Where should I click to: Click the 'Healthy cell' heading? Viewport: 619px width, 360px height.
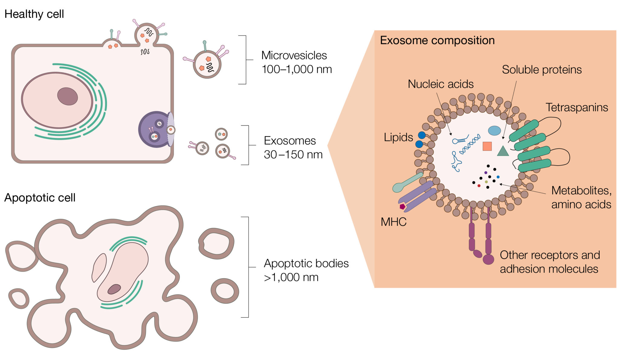34,14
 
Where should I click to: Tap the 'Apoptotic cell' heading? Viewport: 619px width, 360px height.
40,198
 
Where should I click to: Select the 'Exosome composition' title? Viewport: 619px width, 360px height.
437,40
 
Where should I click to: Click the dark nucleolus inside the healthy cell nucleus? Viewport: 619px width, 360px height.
67,96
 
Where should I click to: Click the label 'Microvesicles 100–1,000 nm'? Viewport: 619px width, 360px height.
296,62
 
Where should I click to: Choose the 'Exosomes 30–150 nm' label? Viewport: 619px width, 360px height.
293,148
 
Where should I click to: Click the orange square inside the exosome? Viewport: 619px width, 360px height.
487,146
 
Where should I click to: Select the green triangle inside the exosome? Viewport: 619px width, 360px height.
503,151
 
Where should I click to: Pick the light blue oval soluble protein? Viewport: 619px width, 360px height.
494,130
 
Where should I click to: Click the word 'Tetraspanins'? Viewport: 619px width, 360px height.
576,108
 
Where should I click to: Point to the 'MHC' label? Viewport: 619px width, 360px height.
393,222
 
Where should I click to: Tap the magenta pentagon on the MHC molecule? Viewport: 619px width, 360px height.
402,207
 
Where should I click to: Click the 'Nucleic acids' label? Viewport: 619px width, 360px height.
440,84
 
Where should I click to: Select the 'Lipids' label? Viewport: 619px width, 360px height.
398,137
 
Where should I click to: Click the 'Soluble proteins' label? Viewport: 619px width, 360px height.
541,70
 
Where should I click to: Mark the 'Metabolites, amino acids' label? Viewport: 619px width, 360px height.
581,198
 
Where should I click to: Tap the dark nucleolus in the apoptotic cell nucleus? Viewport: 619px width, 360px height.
114,289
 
